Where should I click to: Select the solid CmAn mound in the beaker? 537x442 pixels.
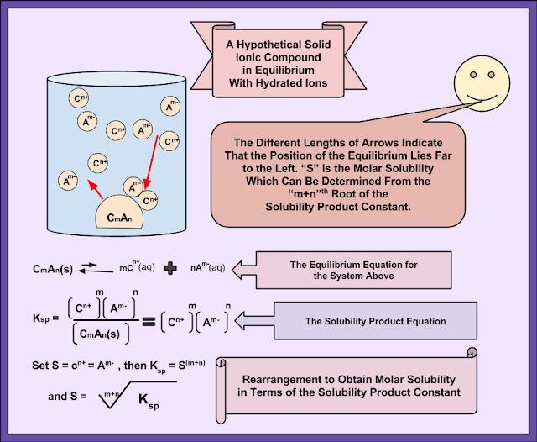(120, 216)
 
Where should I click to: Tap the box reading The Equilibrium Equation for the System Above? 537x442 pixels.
(353, 270)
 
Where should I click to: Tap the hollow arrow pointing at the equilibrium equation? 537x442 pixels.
(246, 269)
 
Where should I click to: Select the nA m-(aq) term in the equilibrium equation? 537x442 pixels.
(207, 267)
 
